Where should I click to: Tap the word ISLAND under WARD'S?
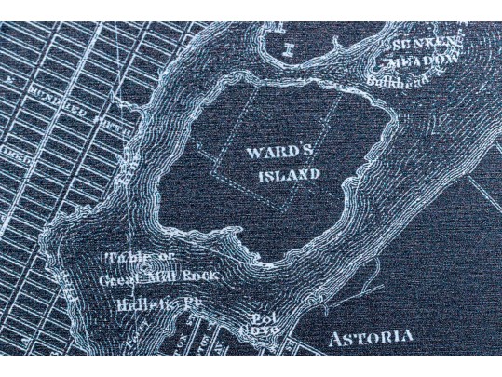(289, 174)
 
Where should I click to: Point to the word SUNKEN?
(425, 44)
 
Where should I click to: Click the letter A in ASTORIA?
(336, 338)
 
